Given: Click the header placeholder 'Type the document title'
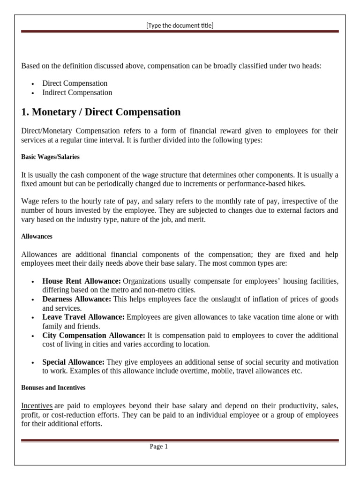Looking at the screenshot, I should tap(180, 25).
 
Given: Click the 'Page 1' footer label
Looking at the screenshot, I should tap(159, 447).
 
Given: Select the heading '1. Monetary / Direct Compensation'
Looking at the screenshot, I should tap(101, 112).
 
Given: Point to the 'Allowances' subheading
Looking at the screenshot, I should tap(37, 237).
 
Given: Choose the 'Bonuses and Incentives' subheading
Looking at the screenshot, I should tap(53, 388).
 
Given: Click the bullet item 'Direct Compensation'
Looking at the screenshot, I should tap(75, 83).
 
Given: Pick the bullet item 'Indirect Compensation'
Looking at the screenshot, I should tap(77, 93).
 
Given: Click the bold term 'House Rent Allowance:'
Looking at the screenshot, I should tap(82, 281).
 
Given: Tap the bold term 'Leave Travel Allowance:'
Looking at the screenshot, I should tap(83, 317).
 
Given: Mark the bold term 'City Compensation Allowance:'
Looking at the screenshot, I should tap(94, 336).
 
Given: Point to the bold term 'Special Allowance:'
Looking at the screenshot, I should tap(74, 362).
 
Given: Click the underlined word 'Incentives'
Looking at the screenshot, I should tap(37, 405).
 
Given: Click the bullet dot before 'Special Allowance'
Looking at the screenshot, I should tap(32, 363).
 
